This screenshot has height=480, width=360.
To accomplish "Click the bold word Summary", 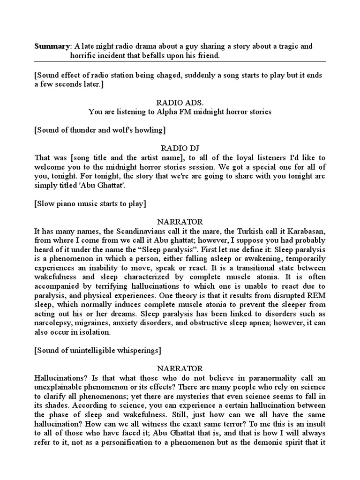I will (x=52, y=46).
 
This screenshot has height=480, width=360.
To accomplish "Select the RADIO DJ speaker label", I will (x=180, y=148).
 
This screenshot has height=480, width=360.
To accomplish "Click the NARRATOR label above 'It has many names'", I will (x=180, y=221).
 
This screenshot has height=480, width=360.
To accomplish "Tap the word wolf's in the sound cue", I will (x=117, y=129).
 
